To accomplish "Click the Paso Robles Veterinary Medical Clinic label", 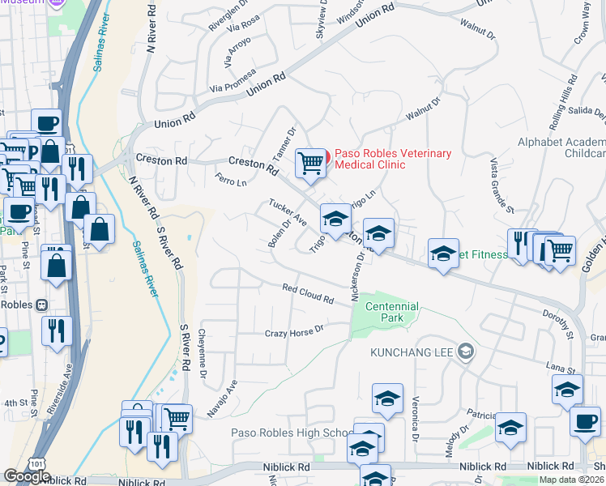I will [392, 160].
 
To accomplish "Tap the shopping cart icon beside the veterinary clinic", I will [310, 163].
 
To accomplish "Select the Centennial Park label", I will [392, 312].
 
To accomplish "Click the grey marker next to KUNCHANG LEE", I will [465, 352].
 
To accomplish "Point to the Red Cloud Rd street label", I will [308, 294].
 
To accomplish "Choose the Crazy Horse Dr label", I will [294, 332].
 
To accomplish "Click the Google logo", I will [27, 476].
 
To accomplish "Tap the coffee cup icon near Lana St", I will [584, 421].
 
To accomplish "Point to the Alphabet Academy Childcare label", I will [562, 147].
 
